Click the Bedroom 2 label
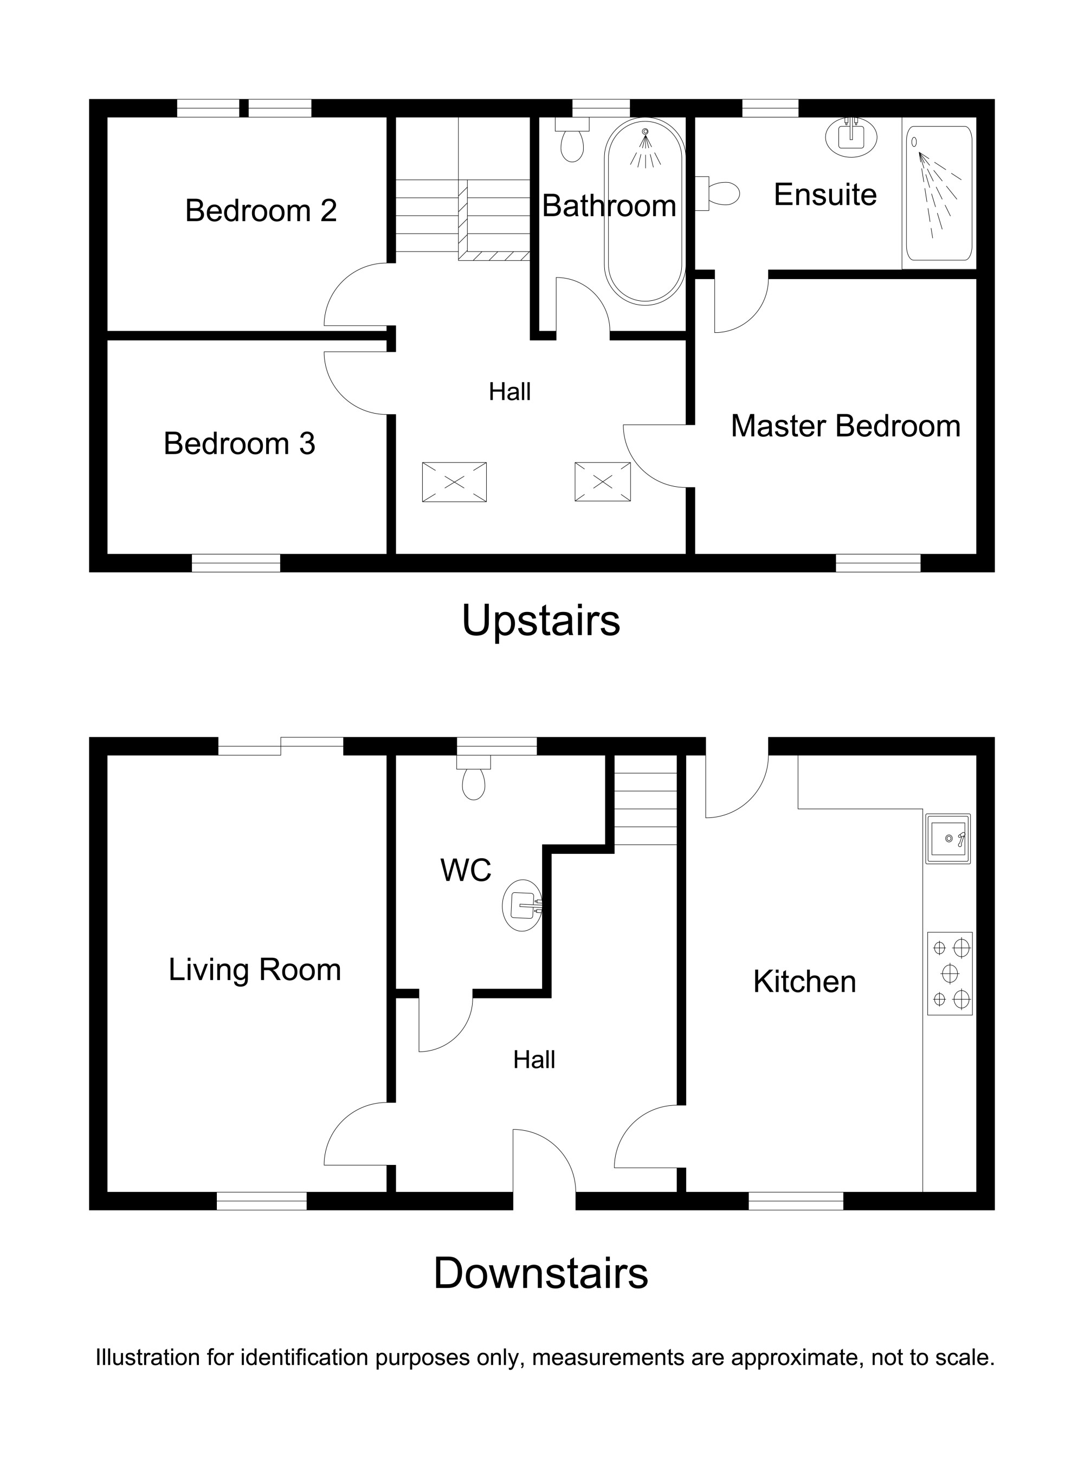261,211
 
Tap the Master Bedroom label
846,426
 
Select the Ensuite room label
825,194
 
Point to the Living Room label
255,970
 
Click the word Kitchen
804,982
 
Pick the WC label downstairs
466,870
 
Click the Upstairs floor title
541,621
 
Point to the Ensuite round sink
851,137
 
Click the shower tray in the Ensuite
939,193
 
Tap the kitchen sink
947,839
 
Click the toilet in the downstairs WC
474,777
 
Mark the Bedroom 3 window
236,563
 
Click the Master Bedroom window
878,563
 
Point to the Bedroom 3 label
240,443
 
